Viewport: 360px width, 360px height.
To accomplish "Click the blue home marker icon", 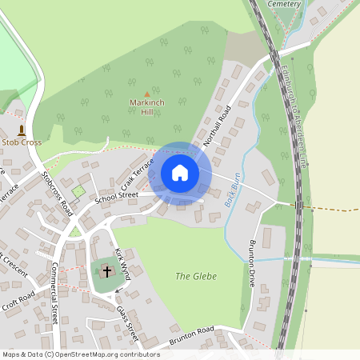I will pos(180,173).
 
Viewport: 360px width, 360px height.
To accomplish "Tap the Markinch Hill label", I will pos(146,108).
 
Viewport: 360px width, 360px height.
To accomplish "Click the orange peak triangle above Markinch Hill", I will pos(146,94).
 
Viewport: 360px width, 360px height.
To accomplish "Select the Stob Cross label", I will pos(22,142).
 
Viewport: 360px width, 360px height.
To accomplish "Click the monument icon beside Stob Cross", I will pos(22,129).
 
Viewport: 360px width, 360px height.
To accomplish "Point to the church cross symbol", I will pos(107,272).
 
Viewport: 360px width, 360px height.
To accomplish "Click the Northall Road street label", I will pos(217,126).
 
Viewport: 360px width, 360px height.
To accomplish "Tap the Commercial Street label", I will pos(55,294).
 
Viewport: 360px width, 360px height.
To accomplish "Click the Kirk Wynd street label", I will pos(122,262).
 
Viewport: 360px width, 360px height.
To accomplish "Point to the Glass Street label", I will pos(127,322).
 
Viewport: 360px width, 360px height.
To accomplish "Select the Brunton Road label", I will pos(192,334).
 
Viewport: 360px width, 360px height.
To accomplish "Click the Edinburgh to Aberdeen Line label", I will pos(292,116).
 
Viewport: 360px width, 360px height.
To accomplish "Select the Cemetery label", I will pos(284,4).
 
